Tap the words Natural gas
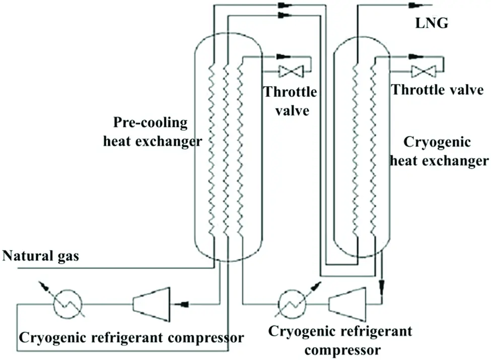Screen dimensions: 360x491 pyautogui.click(x=41, y=256)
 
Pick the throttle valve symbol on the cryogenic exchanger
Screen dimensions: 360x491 pyautogui.click(x=419, y=71)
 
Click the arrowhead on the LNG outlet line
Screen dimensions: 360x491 pyautogui.click(x=415, y=5)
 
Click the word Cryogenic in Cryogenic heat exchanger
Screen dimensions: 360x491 pyautogui.click(x=438, y=142)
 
